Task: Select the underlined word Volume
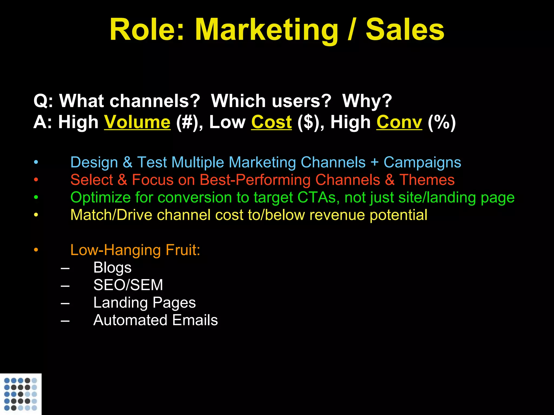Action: pos(137,122)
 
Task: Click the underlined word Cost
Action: pos(271,122)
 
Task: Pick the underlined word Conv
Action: pos(399,122)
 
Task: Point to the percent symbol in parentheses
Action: pos(442,122)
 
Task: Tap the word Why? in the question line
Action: pos(367,101)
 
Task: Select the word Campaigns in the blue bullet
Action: pos(422,162)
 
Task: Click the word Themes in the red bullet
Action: pos(427,180)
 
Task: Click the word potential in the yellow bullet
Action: pos(398,215)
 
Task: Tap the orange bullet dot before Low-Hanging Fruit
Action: pos(36,250)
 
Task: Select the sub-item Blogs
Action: pos(112,268)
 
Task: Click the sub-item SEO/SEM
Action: pos(128,285)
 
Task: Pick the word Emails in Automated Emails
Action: pos(195,320)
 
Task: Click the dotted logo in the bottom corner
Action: pos(21,394)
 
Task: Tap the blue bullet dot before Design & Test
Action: pos(36,162)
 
